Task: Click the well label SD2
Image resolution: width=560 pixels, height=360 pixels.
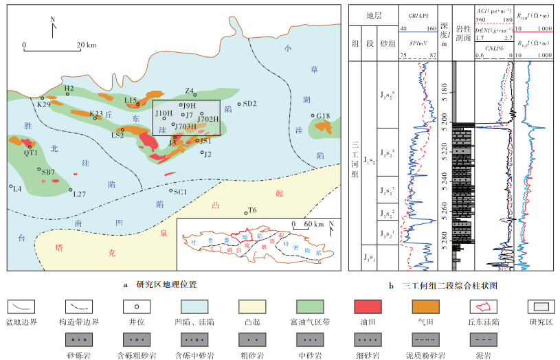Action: pyautogui.click(x=249, y=104)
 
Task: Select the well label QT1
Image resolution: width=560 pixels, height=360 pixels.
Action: pyautogui.click(x=30, y=153)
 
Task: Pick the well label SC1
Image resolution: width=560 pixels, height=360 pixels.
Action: pyautogui.click(x=181, y=192)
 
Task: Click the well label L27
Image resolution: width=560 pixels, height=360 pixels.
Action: pyautogui.click(x=79, y=194)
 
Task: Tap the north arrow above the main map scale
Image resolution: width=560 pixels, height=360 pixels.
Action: pyautogui.click(x=52, y=29)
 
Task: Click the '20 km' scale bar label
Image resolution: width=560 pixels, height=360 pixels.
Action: pyautogui.click(x=87, y=45)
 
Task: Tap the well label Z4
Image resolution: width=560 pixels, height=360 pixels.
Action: pyautogui.click(x=189, y=90)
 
